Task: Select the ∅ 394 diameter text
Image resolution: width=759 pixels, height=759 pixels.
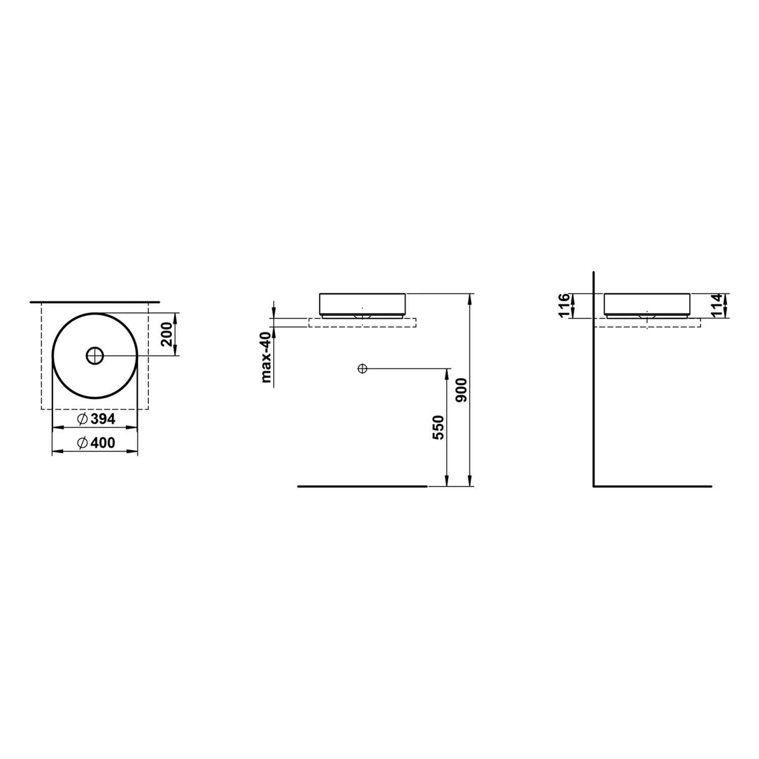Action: [96, 419]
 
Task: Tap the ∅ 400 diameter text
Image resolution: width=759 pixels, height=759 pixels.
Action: [96, 443]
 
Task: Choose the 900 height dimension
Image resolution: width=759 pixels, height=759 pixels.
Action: [461, 390]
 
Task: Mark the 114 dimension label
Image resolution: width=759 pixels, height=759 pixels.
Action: [717, 306]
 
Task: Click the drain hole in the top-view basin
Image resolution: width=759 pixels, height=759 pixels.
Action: [95, 356]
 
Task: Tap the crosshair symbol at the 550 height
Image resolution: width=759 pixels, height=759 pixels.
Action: [361, 368]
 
